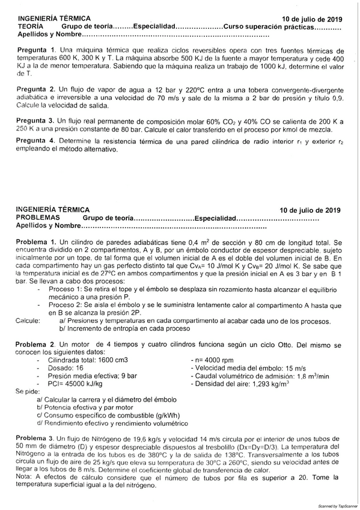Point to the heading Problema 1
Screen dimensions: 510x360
35,241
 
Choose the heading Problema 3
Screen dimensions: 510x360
35,437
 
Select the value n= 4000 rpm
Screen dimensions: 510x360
212,359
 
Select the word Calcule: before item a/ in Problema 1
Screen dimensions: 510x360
26,321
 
